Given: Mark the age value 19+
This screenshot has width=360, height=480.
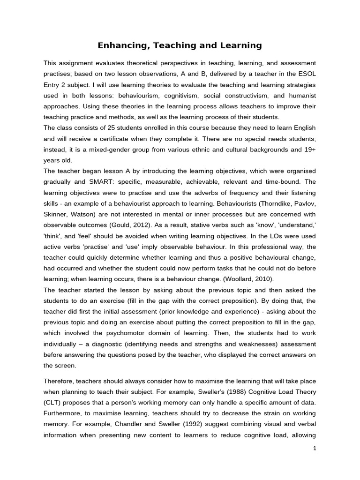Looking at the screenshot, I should click(x=309, y=149).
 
